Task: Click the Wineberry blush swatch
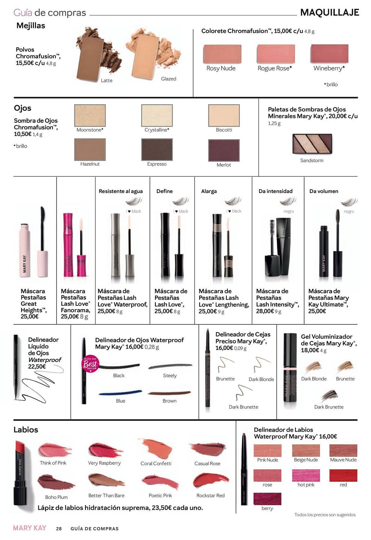tap(329, 54)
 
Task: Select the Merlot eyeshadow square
tap(224, 150)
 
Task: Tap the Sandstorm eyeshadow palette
tap(312, 144)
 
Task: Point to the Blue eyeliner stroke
tap(120, 393)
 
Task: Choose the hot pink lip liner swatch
tap(306, 475)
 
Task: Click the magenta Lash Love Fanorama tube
tap(68, 244)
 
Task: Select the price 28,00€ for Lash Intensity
tap(265, 311)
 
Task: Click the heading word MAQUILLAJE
tap(329, 12)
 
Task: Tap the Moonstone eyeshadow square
tap(90, 115)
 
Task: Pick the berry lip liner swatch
tap(267, 499)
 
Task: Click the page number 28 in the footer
tap(59, 529)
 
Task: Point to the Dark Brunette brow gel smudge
tap(329, 396)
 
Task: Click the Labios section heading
tap(26, 430)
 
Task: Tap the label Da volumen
tap(324, 191)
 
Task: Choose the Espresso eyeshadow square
tap(157, 150)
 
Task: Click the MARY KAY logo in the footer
tap(30, 528)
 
